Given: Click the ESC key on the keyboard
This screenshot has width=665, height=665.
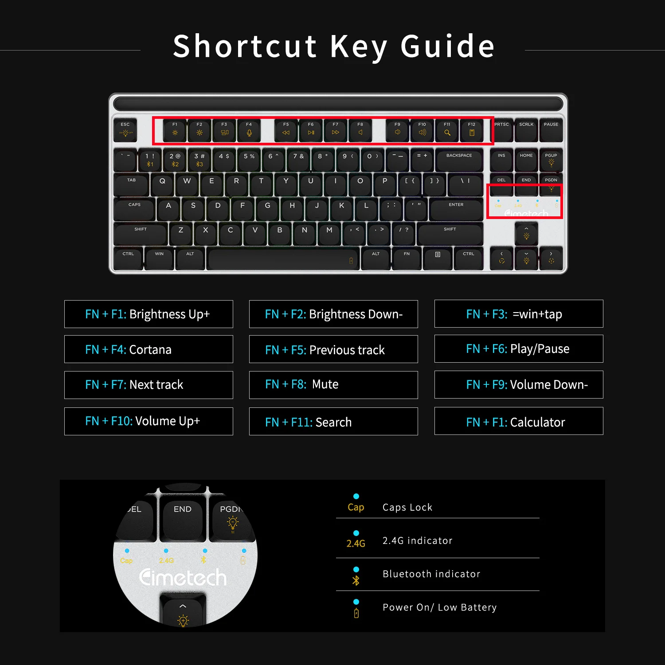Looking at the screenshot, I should pyautogui.click(x=125, y=129).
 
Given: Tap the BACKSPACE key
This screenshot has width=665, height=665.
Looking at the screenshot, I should pyautogui.click(x=459, y=160).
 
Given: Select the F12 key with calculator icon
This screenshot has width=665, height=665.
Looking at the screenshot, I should pyautogui.click(x=472, y=129).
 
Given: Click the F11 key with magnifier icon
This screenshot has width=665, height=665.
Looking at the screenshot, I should pyautogui.click(x=447, y=129).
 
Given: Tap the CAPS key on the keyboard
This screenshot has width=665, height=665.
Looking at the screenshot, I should pyautogui.click(x=134, y=209).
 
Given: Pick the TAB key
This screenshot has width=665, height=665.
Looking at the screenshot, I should pyautogui.click(x=132, y=185).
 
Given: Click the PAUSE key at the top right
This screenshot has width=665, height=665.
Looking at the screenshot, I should pyautogui.click(x=551, y=129).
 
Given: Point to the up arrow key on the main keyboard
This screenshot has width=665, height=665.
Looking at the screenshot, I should pyautogui.click(x=526, y=233).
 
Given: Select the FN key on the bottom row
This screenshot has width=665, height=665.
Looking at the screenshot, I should pyautogui.click(x=407, y=258).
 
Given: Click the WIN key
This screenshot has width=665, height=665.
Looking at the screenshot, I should pyautogui.click(x=159, y=258).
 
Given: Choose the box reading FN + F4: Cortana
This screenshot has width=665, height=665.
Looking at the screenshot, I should pyautogui.click(x=149, y=349).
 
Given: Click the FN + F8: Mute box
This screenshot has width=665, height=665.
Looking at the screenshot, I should pyautogui.click(x=333, y=384).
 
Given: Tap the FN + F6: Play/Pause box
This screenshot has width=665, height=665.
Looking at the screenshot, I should pyautogui.click(x=519, y=349).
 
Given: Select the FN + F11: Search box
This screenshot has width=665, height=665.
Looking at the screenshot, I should pyautogui.click(x=333, y=422).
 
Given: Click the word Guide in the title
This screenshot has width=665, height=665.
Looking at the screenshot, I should pyautogui.click(x=447, y=46).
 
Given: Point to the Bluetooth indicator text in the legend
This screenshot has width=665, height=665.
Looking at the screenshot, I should pyautogui.click(x=431, y=574).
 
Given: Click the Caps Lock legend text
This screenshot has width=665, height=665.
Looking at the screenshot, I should pyautogui.click(x=407, y=507).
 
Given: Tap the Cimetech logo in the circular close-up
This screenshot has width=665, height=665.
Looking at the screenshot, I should pyautogui.click(x=183, y=578).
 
